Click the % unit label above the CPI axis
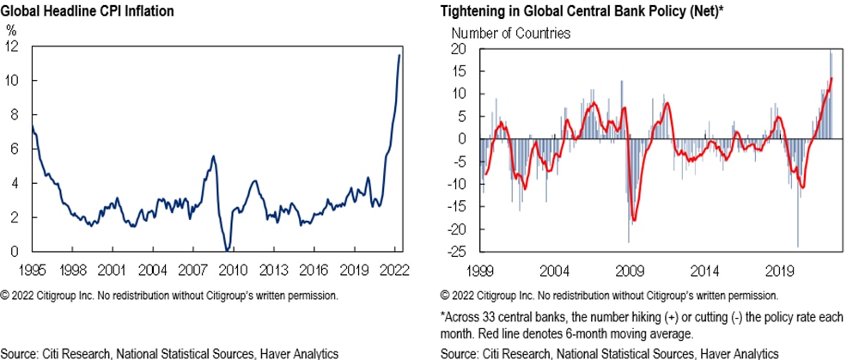pos(11,29)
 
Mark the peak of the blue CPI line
pos(399,56)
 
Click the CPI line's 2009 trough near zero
pos(227,250)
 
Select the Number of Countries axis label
pos(510,34)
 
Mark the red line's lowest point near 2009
pos(633,220)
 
